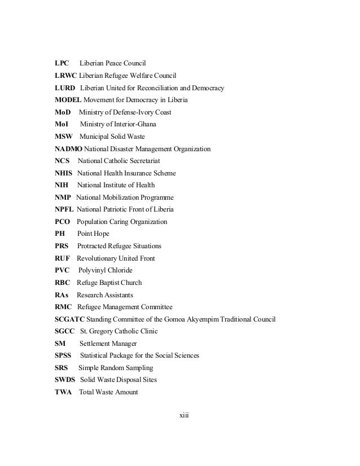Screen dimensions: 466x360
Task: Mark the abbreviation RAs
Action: [x=62, y=295]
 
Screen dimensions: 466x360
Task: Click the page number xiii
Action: [x=183, y=416]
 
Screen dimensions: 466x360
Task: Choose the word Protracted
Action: [x=94, y=246]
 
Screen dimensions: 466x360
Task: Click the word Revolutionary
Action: [x=99, y=258]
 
